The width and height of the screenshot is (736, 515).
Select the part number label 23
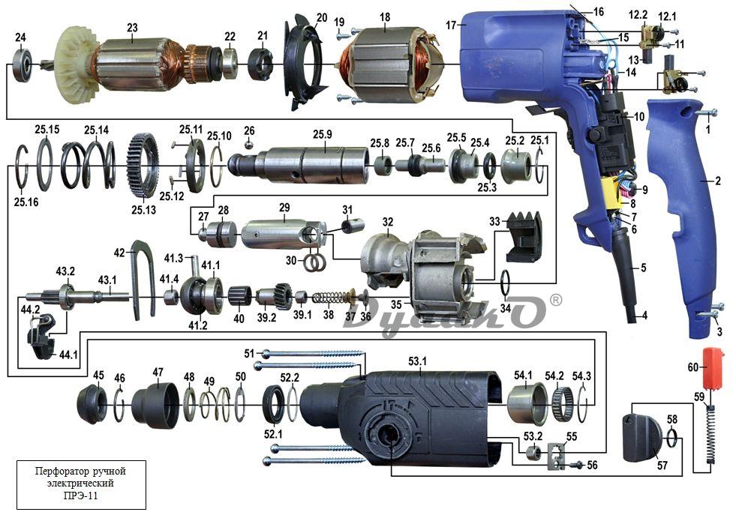tap(132, 28)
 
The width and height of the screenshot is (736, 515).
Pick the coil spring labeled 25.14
tap(89, 166)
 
